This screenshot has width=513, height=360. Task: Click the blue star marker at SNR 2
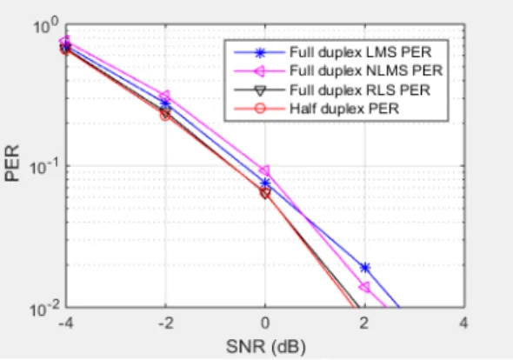[x=365, y=268]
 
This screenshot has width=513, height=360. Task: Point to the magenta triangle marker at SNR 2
[x=364, y=287]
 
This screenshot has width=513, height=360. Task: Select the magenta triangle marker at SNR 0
[x=264, y=170]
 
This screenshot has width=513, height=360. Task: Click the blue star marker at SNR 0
[x=266, y=183]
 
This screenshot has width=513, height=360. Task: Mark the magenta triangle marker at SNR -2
[x=165, y=96]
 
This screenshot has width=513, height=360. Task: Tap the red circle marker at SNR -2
[x=165, y=115]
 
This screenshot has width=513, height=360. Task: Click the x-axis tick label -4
[x=66, y=323]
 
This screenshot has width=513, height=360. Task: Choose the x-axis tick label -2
[x=165, y=323]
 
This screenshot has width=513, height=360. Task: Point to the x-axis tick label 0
[x=265, y=323]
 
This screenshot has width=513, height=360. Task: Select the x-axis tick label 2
[x=364, y=323]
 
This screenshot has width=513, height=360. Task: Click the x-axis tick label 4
[x=463, y=323]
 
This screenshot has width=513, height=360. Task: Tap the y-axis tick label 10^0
[x=46, y=25]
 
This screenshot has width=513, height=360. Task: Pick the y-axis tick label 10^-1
[x=44, y=167]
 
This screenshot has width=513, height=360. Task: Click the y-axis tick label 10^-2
[x=44, y=309]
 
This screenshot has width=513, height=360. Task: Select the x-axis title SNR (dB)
[x=266, y=347]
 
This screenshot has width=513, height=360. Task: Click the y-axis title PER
[x=12, y=163]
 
